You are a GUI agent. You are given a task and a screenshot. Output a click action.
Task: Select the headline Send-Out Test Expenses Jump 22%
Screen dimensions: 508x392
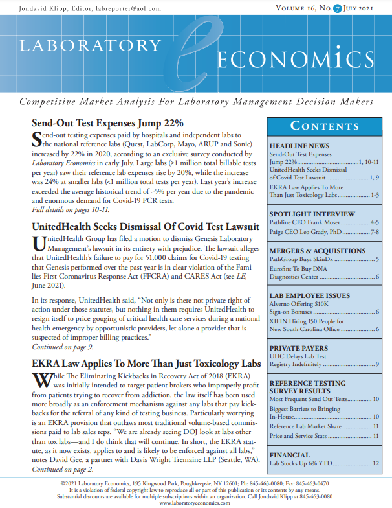tap(108, 122)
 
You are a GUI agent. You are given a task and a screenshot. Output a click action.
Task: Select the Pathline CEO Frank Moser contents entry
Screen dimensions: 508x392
tap(308, 222)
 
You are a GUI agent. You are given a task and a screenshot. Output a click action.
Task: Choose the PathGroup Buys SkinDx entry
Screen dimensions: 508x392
tap(301, 259)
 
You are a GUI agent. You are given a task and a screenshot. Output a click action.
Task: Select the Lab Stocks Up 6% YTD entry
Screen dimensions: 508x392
tap(306, 463)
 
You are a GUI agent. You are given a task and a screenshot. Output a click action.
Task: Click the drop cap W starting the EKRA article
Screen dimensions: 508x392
tap(41, 380)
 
